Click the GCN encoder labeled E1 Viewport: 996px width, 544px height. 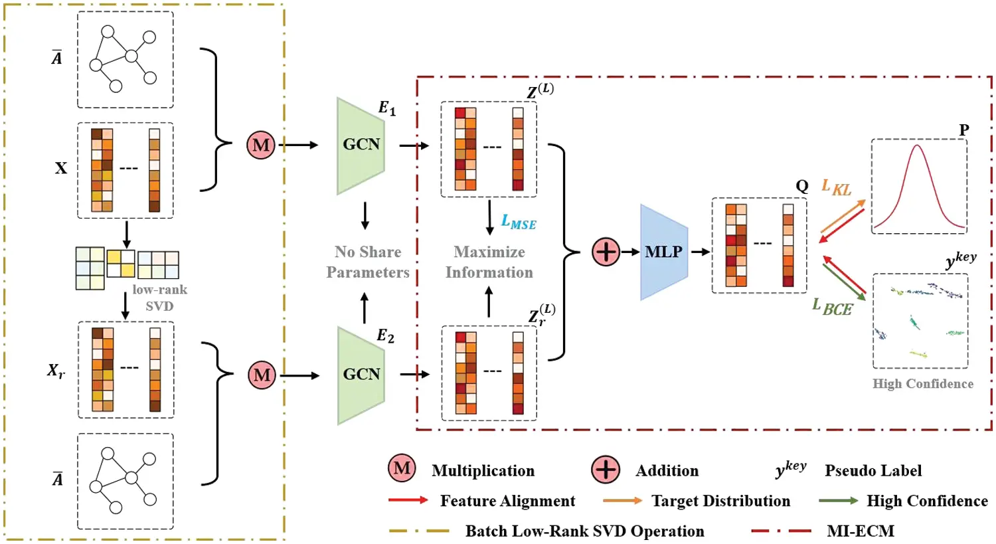coord(361,145)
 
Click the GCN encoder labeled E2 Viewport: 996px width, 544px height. coord(361,375)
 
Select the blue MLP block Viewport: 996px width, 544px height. coord(663,252)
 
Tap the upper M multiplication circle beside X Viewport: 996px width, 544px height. coord(261,145)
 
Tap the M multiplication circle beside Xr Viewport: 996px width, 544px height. coord(262,375)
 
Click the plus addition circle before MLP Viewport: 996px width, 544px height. coord(606,252)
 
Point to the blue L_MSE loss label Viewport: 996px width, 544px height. coord(519,223)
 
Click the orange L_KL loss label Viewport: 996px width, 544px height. coord(836,187)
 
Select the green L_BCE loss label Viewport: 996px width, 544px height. coord(832,306)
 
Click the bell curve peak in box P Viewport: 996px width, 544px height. coord(918,147)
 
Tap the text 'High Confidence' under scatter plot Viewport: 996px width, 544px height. coord(922,384)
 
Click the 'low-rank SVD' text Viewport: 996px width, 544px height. coord(159,298)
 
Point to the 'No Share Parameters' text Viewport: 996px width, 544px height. coord(368,262)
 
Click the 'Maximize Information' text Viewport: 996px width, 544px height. coord(489,262)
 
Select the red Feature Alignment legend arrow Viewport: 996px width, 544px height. coord(408,501)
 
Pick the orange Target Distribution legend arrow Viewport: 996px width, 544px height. coord(622,501)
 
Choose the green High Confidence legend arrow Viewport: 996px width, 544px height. coord(838,501)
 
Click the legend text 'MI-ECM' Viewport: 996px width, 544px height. coord(860,531)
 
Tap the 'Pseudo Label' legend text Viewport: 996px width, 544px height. coord(873,471)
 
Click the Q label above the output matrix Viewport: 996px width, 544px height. coord(802,186)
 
